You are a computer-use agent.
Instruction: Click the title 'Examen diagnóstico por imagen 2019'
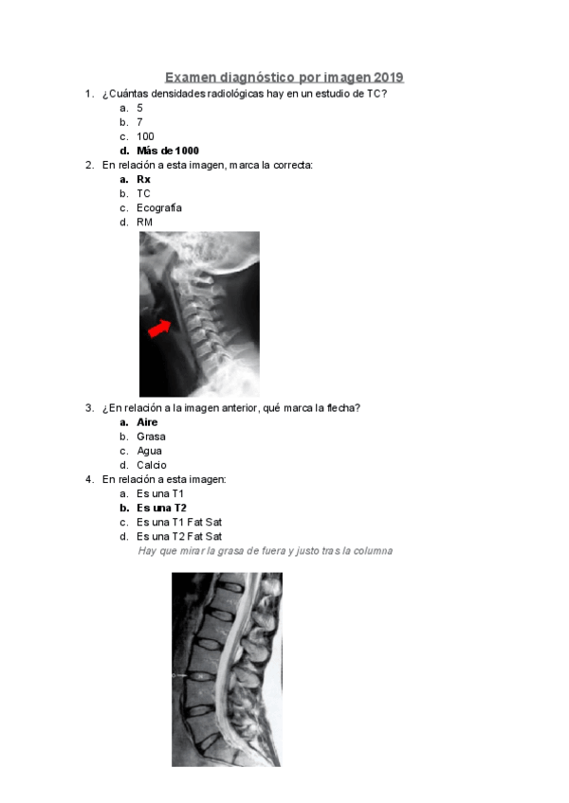284,77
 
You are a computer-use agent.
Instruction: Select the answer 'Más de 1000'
168,151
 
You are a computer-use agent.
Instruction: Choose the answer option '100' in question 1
145,136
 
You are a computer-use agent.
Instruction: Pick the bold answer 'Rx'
143,179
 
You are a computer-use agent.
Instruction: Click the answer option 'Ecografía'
159,207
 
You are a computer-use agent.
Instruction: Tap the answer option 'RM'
144,222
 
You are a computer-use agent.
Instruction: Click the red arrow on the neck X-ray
160,328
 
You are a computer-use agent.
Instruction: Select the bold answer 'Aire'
147,422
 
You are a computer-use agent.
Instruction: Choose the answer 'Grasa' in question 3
151,437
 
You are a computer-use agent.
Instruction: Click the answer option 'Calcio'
152,465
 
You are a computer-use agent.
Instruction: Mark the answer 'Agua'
149,451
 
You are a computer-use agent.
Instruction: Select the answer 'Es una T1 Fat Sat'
179,522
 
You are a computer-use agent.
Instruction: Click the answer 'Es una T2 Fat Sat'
179,536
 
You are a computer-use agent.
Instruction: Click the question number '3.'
89,408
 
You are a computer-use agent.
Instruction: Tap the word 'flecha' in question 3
339,408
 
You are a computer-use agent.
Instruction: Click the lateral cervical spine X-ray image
199,313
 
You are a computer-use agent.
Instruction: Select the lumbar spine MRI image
227,669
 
